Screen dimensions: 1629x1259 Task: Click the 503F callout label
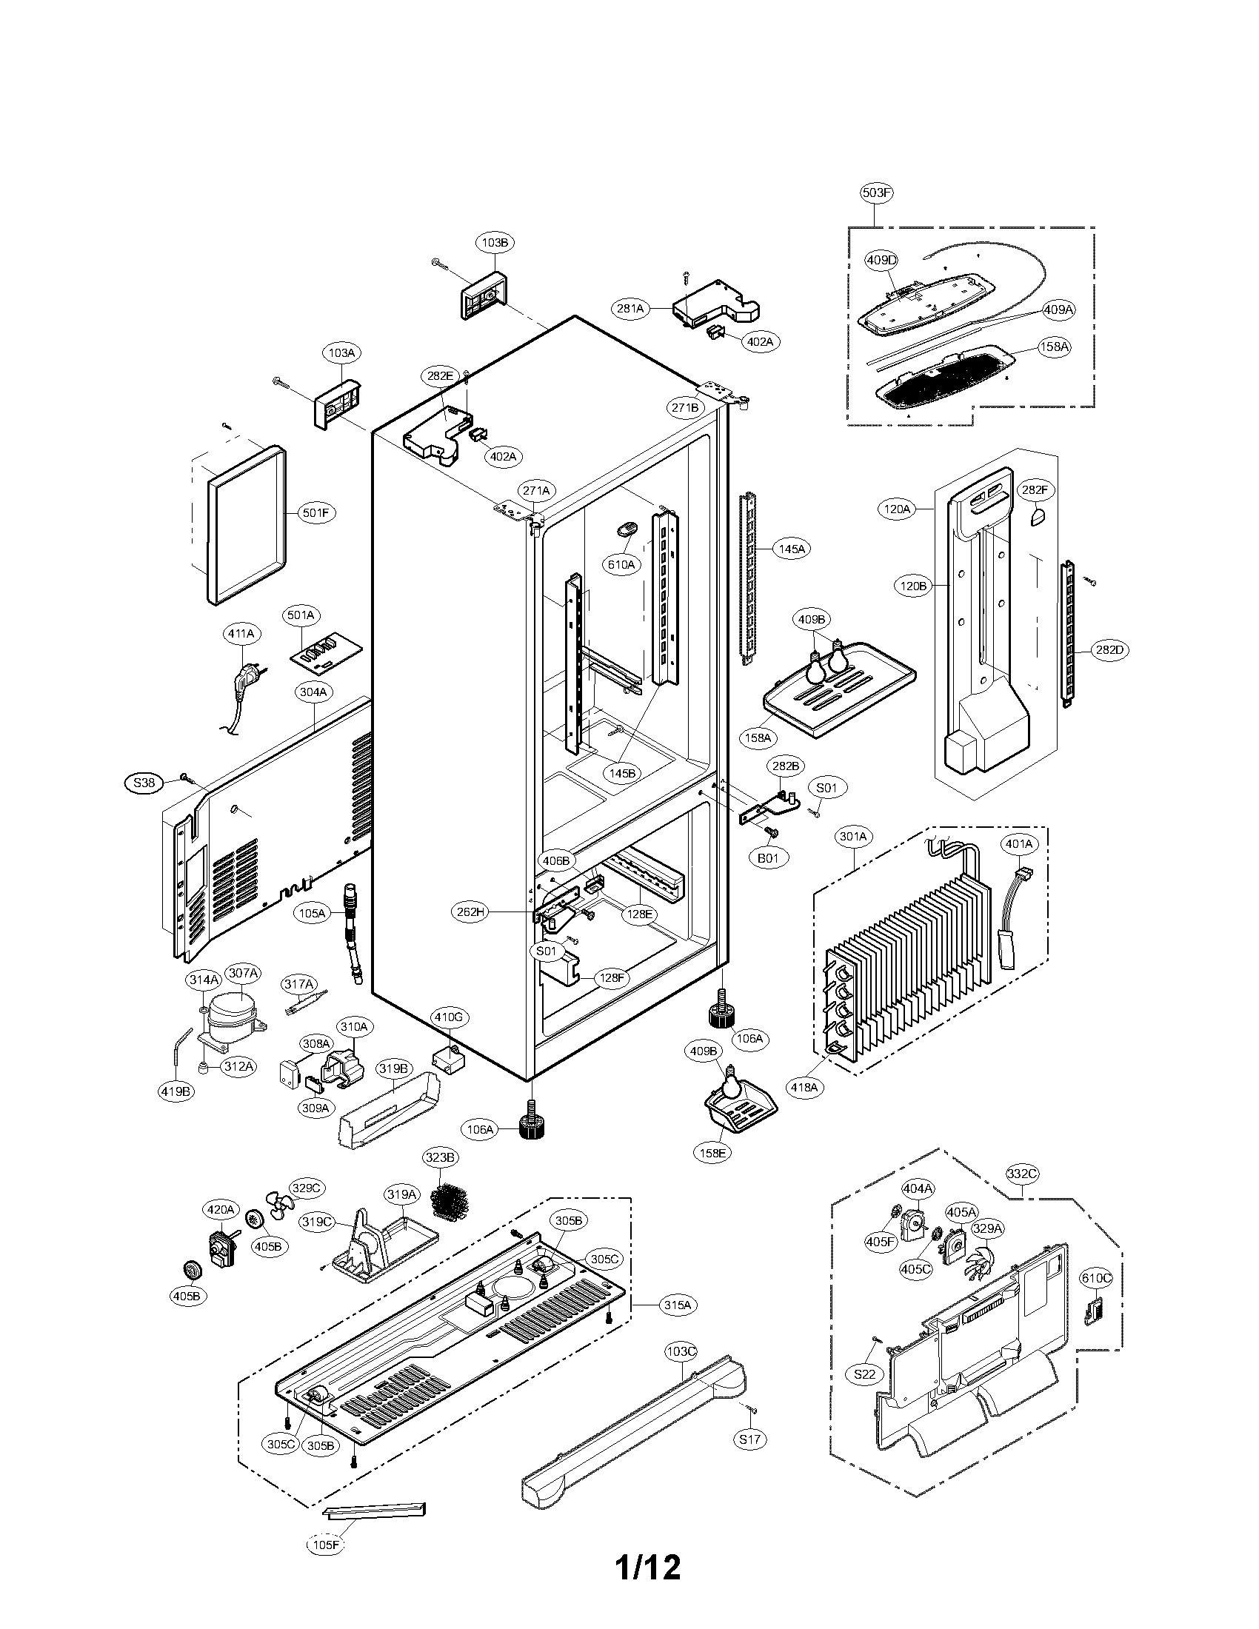[x=876, y=193]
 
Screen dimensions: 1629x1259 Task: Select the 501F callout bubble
[x=315, y=513]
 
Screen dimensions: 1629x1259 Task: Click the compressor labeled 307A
[x=233, y=1019]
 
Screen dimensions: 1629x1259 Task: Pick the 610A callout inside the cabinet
[x=621, y=565]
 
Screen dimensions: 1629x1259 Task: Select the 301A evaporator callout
[x=853, y=837]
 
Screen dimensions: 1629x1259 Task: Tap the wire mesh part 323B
[x=450, y=1201]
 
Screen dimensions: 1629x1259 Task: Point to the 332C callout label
[x=1021, y=1174]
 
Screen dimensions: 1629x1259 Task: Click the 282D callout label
[x=1109, y=649]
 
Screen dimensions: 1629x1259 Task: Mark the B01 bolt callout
[x=768, y=857]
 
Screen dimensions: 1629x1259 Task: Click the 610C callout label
[x=1095, y=1278]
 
